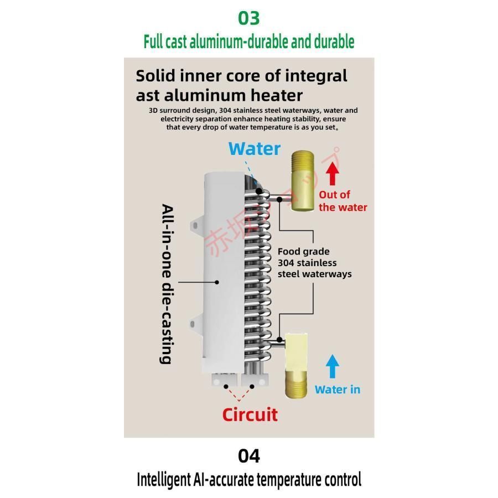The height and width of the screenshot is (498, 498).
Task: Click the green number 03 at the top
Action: click(248, 18)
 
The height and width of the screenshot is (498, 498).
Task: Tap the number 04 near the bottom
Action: click(248, 456)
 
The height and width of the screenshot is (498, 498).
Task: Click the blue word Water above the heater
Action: click(255, 149)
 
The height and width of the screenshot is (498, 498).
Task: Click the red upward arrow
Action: click(332, 173)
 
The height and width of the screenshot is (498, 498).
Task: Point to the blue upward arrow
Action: click(332, 366)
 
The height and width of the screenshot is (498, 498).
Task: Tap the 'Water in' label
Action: click(337, 390)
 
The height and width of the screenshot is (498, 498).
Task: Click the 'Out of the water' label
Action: click(343, 201)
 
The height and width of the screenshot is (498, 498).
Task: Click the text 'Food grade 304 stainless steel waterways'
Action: click(314, 263)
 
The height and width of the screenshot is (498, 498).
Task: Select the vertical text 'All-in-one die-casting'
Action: click(166, 284)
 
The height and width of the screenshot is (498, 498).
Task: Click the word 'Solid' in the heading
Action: click(157, 75)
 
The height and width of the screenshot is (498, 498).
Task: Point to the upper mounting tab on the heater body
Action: click(196, 225)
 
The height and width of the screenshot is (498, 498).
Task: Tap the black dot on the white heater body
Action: click(217, 282)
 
